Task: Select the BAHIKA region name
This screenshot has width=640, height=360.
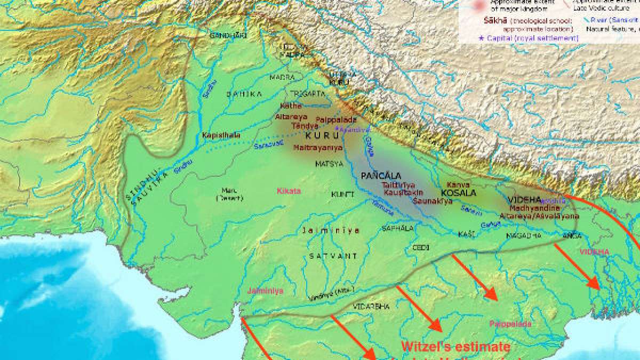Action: click(x=244, y=93)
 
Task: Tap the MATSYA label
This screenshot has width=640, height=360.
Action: click(x=329, y=164)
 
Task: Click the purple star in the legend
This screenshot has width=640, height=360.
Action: click(x=482, y=38)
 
